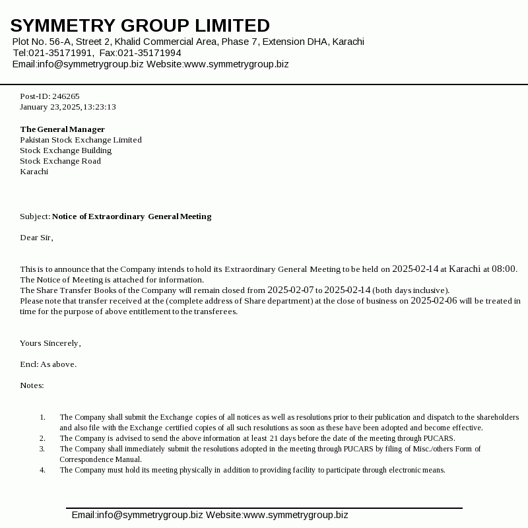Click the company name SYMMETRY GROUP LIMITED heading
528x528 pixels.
[140, 26]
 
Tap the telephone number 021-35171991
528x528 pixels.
[61, 53]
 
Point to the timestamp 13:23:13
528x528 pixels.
[100, 107]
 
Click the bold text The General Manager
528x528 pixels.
[62, 129]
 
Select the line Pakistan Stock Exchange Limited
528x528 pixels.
[81, 140]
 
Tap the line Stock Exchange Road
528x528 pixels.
[60, 161]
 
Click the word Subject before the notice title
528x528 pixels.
[34, 216]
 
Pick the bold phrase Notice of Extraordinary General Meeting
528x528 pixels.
[131, 216]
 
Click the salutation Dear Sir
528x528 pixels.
[36, 238]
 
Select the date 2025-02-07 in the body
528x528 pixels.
[290, 290]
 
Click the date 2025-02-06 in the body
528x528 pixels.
[434, 301]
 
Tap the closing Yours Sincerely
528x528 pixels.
[50, 343]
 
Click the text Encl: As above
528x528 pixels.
[48, 364]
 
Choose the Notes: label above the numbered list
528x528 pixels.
[32, 385]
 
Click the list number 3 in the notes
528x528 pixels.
[42, 449]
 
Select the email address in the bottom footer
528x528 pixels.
[137, 515]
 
